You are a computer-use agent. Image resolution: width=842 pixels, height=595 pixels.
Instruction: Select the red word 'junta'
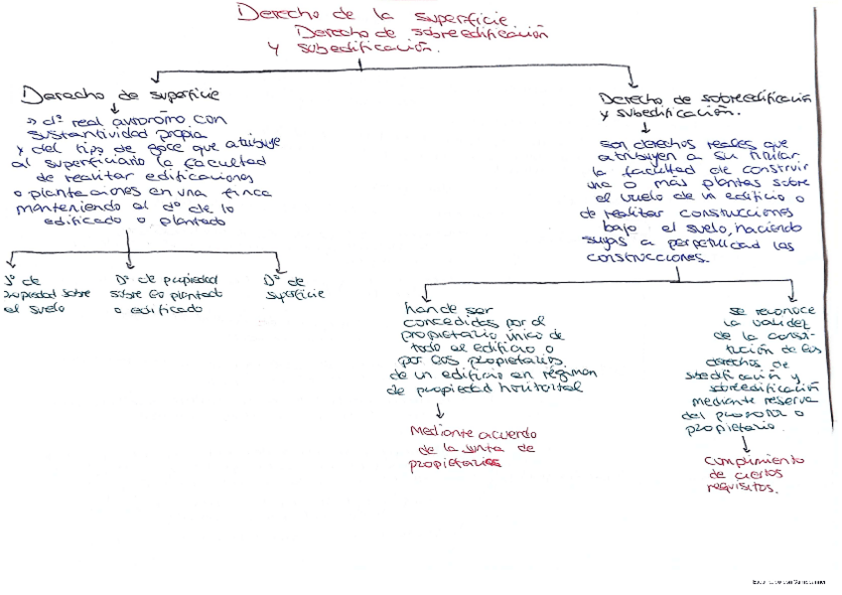coord(487,448)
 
